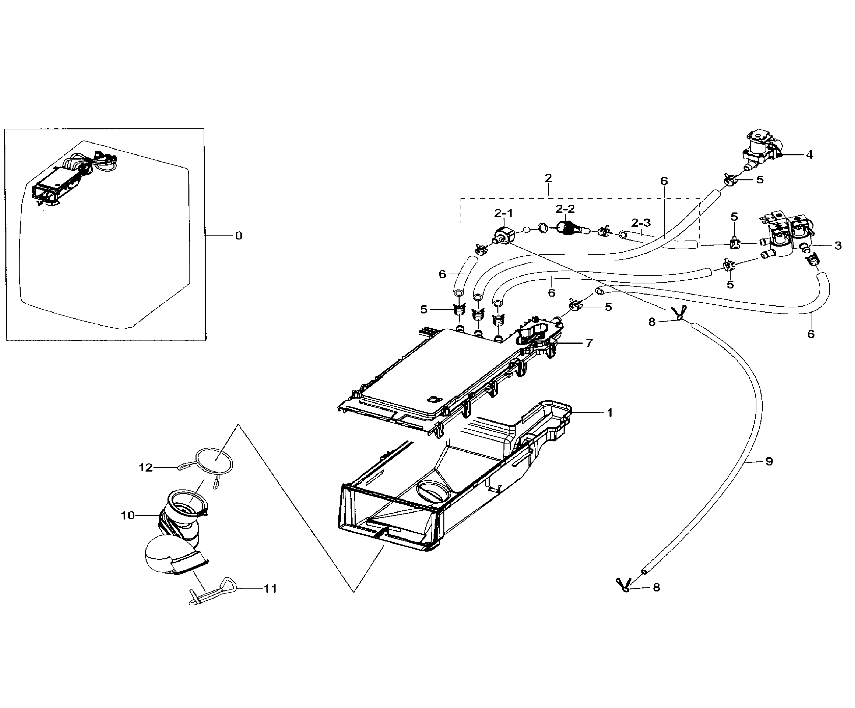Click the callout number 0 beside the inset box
pos(239,236)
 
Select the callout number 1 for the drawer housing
pos(610,413)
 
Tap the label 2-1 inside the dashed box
pos(503,213)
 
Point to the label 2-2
pos(565,209)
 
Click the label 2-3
pos(641,223)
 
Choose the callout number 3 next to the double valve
pos(838,246)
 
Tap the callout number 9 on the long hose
pos(769,461)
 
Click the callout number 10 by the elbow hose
pos(127,516)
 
